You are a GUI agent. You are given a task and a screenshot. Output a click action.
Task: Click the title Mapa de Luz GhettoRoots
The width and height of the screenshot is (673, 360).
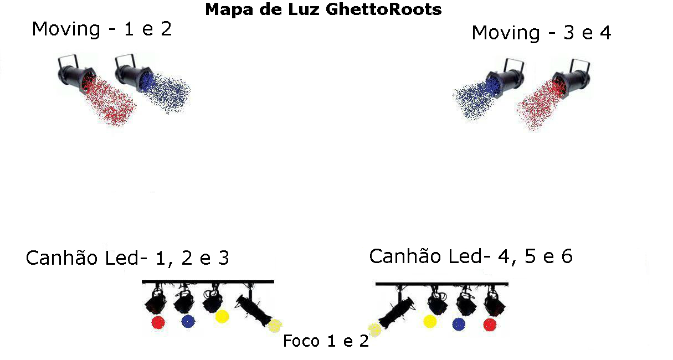point(323,9)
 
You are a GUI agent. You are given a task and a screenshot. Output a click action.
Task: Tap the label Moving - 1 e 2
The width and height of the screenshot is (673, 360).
point(102,28)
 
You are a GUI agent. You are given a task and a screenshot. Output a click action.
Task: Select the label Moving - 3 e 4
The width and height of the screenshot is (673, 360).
point(541,33)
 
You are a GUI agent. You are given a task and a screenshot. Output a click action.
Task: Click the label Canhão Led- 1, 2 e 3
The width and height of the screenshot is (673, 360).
point(127,258)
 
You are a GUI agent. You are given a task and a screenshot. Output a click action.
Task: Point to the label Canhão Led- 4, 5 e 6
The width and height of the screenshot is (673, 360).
point(471,256)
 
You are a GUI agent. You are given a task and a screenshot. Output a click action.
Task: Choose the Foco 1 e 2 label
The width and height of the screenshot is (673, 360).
point(326,341)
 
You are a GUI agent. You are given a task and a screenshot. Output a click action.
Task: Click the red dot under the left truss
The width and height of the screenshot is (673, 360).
point(158,323)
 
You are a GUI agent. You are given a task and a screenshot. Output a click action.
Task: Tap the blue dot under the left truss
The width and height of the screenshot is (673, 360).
point(188,322)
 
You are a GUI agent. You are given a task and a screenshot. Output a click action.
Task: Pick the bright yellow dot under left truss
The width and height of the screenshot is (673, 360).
point(222,316)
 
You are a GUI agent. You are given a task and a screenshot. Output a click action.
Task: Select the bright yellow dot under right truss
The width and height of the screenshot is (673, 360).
point(429,321)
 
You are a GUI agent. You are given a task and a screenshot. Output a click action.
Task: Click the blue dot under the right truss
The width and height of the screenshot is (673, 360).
point(459,325)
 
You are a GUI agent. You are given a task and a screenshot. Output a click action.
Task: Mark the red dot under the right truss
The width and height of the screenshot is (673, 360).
point(489,325)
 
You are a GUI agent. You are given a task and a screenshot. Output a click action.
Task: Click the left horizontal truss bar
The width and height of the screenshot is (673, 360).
point(208,282)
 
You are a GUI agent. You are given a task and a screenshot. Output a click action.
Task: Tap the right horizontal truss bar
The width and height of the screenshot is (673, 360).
point(441,284)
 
